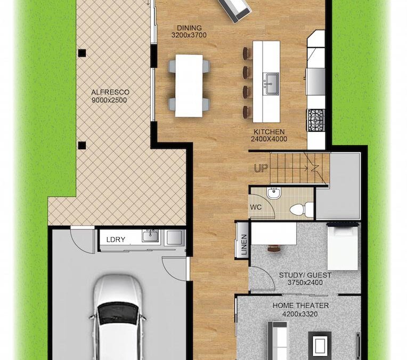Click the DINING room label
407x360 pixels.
pos(189,28)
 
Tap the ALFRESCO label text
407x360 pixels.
pos(110,92)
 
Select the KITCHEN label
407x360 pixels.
pos(269,132)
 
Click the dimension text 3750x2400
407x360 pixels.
pos(305,283)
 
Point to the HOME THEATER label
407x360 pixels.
pos(300,306)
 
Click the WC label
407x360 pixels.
pos(256,207)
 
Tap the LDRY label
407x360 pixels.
pos(116,239)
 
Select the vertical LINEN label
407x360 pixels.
pos(244,245)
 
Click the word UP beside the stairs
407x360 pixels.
pos(261,169)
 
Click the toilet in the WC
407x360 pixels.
pos(302,209)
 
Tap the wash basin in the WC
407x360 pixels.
pos(274,193)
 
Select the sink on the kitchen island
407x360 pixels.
pos(271,84)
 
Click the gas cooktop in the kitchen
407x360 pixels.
pos(316,120)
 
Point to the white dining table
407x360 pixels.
pos(189,85)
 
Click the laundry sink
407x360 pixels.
pos(151,236)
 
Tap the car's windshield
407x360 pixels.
pos(118,313)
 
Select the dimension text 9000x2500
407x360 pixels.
pos(109,100)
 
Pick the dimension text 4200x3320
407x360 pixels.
pos(300,314)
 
